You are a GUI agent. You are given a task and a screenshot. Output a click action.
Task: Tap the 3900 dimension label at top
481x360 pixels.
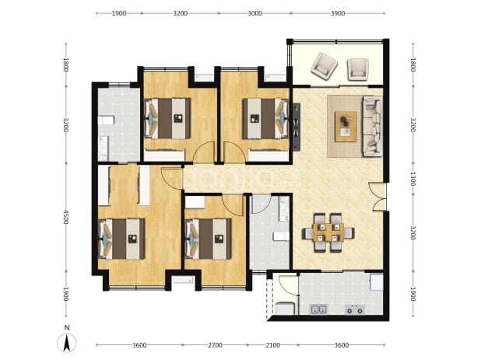pos(338,13)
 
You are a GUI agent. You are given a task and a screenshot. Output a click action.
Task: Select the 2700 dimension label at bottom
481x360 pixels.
pos(215,345)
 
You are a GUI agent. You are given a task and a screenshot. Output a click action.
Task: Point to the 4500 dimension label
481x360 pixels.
pos(65,217)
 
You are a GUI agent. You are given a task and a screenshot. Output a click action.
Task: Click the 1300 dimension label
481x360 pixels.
pos(413,179)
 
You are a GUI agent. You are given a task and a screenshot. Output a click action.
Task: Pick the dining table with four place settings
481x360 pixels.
pos(328,232)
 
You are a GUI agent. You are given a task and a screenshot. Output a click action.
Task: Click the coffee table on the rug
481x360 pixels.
pos(346,127)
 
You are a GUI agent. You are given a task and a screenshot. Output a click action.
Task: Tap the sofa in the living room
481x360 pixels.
pos(372,126)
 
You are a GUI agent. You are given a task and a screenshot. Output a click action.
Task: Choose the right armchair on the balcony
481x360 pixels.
pos(358,69)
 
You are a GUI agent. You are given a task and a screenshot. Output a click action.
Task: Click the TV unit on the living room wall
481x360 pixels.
pos(297,127)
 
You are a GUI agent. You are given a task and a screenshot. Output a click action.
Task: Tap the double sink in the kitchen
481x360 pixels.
pos(319,309)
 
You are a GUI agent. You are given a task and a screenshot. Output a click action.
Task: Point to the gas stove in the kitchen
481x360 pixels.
pos(354,309)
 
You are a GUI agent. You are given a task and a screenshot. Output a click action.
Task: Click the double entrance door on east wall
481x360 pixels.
pos(378,197)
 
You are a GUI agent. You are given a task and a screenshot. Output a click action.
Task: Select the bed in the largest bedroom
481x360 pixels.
pos(122,239)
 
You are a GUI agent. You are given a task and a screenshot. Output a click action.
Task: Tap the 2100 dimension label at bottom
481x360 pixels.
pos(272,345)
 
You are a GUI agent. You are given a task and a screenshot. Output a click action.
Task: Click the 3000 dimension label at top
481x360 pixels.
pos(255,13)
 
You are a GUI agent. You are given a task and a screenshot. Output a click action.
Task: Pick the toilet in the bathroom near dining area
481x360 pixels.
pos(281,236)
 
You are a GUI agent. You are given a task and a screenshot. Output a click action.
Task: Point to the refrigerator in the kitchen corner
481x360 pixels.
pos(377,282)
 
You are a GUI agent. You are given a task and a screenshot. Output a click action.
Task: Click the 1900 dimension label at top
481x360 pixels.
pos(119,13)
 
